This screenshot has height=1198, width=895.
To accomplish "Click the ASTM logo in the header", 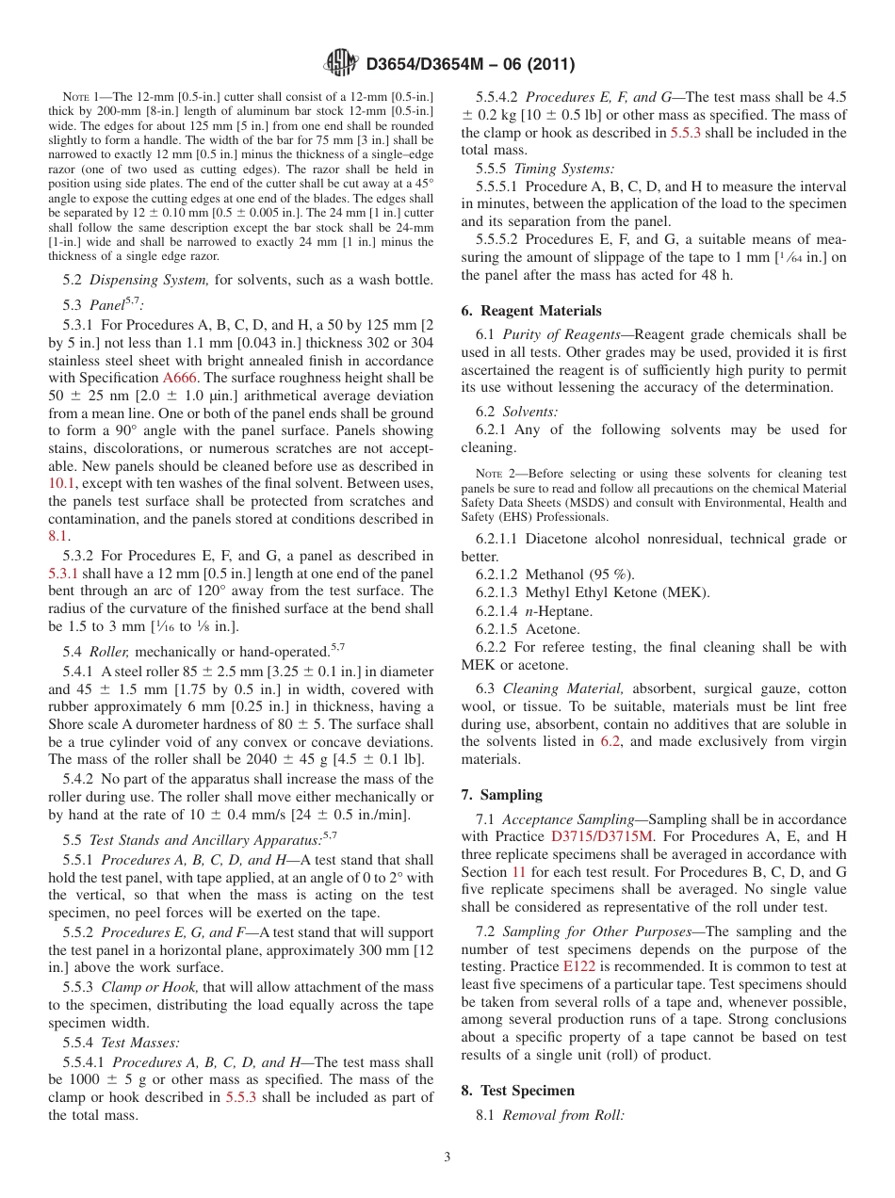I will click(x=341, y=63).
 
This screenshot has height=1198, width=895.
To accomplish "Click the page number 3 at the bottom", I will click(x=447, y=1158).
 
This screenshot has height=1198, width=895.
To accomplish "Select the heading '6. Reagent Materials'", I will click(x=531, y=311).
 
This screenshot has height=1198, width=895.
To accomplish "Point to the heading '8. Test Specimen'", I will click(x=517, y=1091).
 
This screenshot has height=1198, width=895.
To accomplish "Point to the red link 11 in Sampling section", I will click(x=518, y=872).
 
